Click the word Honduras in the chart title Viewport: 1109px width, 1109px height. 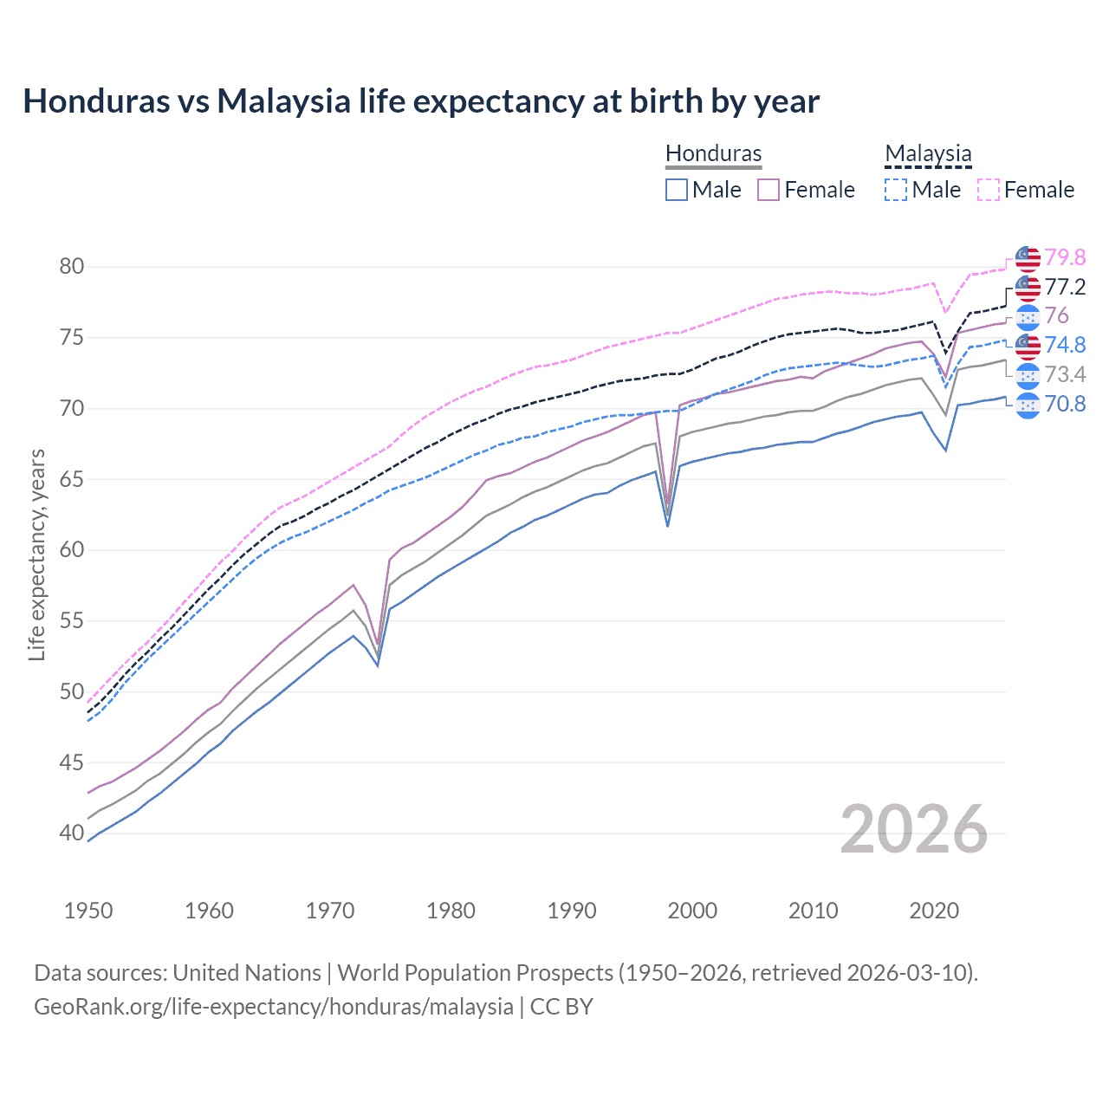(96, 101)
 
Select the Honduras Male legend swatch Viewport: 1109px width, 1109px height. (677, 190)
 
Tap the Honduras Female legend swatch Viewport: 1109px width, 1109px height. (769, 190)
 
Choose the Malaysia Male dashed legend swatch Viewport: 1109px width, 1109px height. (896, 190)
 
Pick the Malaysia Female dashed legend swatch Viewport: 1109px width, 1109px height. (988, 190)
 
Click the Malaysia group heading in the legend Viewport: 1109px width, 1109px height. (928, 153)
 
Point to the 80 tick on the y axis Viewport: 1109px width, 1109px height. (72, 266)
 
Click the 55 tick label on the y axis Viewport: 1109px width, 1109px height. (72, 620)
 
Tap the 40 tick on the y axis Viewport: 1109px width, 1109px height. (72, 833)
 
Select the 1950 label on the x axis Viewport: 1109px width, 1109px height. (88, 911)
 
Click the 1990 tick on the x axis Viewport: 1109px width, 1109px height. (572, 911)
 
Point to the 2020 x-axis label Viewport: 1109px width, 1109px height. (934, 911)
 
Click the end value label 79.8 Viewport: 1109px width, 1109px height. (1065, 257)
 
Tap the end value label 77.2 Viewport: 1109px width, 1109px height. (1065, 287)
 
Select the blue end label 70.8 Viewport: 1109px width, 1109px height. (1065, 404)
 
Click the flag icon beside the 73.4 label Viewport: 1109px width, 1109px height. (1028, 375)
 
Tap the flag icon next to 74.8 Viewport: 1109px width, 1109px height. (1028, 346)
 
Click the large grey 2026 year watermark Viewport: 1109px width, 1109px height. (914, 829)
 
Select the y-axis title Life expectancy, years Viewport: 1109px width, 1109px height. (36, 554)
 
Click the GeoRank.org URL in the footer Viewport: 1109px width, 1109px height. (274, 1007)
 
